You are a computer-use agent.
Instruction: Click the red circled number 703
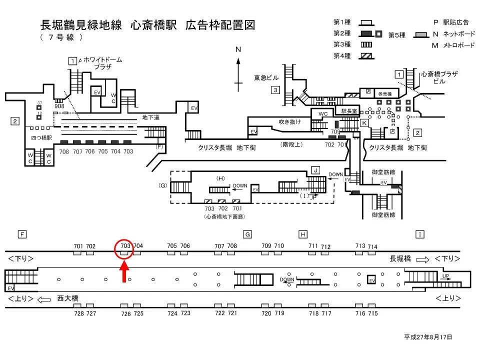(125, 246)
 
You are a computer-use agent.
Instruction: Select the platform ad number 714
(372, 247)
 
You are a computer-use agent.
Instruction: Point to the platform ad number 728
(79, 313)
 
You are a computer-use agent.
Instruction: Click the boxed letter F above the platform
(22, 234)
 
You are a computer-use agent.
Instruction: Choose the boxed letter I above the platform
(420, 234)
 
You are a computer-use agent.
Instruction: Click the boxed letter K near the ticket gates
(364, 122)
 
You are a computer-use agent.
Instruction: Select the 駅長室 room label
(349, 111)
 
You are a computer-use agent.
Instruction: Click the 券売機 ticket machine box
(384, 94)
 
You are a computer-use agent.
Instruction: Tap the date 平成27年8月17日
(428, 337)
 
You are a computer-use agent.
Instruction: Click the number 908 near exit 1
(59, 106)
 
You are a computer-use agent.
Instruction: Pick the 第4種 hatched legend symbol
(366, 55)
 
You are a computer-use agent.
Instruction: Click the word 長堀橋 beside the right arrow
(400, 258)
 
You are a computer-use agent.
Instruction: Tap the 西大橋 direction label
(67, 298)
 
